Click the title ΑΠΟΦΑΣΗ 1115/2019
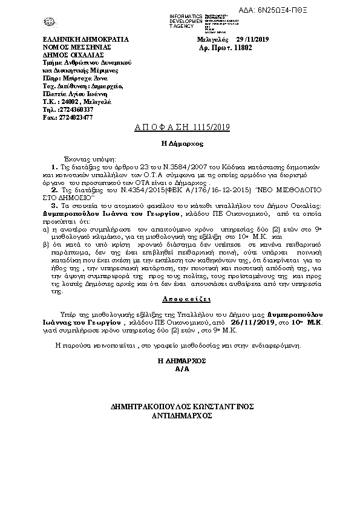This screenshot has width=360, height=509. (180, 128)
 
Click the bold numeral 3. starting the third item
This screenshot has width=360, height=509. (53, 207)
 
